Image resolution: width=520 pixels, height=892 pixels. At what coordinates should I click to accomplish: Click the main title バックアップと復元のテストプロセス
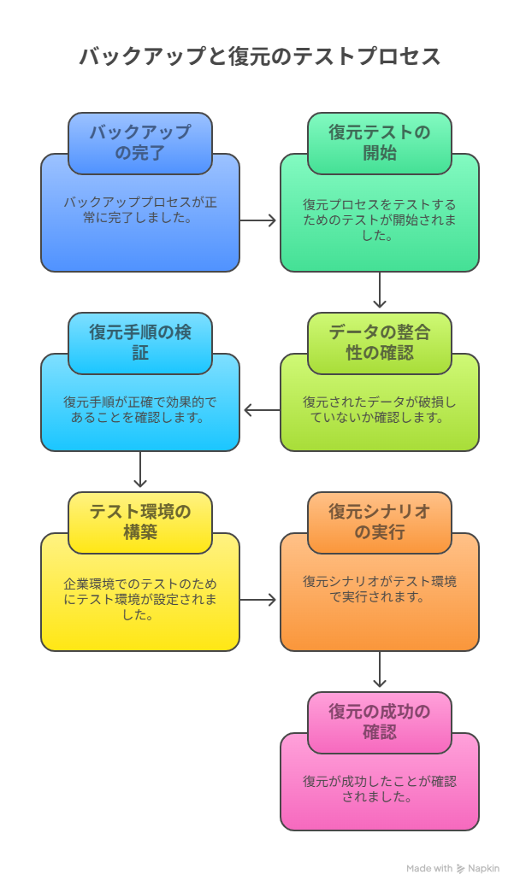click(260, 56)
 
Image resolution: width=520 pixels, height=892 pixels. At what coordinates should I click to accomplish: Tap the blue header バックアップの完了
click(140, 143)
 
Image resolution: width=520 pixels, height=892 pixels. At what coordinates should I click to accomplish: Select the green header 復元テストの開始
click(380, 143)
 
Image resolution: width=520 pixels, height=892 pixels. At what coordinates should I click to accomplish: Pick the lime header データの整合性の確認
click(380, 343)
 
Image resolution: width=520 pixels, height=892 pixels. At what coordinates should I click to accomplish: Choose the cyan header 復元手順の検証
click(140, 343)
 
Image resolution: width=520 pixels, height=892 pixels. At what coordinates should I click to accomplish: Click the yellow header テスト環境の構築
click(140, 522)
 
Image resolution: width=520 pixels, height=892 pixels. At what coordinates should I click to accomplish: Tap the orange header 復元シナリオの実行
click(380, 522)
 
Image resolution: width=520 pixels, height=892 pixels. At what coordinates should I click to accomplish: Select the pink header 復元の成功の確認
click(380, 722)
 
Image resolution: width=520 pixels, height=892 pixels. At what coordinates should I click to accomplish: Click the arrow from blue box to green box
click(258, 220)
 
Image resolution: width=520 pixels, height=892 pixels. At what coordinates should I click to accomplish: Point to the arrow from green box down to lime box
click(380, 290)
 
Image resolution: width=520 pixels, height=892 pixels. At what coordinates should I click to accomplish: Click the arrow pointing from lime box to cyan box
click(262, 409)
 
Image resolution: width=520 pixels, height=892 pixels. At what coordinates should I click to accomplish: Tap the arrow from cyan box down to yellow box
click(140, 469)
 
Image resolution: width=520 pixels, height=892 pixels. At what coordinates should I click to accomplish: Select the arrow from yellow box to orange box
click(258, 600)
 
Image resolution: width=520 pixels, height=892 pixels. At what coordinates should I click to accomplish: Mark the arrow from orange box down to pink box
click(380, 669)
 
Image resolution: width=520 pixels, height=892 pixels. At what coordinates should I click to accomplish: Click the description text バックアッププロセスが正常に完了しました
click(140, 210)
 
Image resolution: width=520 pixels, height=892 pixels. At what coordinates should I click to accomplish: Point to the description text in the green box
click(380, 220)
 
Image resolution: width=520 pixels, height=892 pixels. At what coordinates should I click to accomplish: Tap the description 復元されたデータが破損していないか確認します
click(380, 409)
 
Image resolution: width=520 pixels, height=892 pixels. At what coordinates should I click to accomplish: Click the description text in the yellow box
click(140, 600)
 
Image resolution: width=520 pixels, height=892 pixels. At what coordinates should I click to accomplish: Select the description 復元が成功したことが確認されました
click(380, 789)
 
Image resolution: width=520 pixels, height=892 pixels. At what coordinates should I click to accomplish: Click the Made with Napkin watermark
click(452, 869)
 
